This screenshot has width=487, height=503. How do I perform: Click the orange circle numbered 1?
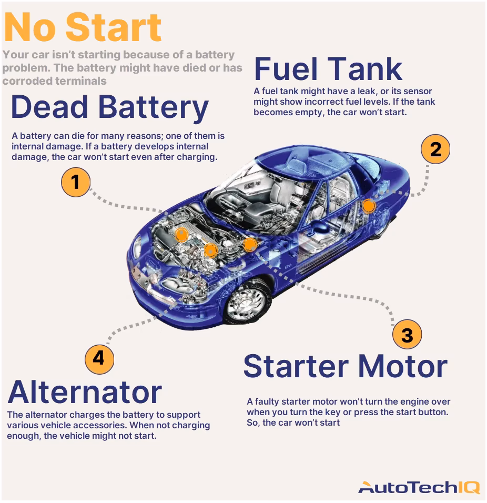[x=76, y=182]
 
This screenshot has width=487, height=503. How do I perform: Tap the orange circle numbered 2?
[x=435, y=149]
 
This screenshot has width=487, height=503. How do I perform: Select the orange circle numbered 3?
[x=407, y=335]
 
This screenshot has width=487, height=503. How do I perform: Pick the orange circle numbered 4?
[x=99, y=359]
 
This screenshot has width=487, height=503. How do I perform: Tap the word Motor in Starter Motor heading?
[x=399, y=366]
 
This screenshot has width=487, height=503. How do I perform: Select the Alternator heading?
[x=85, y=392]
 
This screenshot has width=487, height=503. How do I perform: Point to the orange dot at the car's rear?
[x=369, y=205]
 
